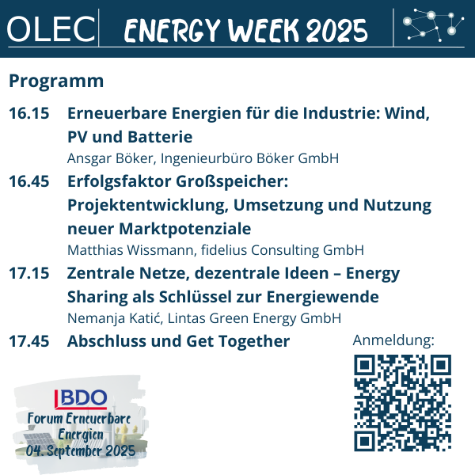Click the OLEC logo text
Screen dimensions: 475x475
coord(51,29)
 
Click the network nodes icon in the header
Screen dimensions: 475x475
coord(433,25)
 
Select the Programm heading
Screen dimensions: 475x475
coord(56,82)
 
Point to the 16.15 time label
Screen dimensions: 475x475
coord(29,113)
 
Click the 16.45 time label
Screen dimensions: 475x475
coord(29,181)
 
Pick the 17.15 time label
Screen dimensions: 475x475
coord(29,273)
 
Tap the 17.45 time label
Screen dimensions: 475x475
coord(29,341)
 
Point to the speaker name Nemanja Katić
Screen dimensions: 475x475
coord(115,318)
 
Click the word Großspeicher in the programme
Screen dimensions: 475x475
coord(232,181)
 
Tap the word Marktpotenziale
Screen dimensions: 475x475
coord(185,229)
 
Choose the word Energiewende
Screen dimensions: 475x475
coord(323,297)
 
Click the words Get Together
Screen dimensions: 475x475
coord(238,341)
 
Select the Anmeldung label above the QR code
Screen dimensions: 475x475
coord(393,340)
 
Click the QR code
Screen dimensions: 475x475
coord(403,403)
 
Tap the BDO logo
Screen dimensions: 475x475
coord(81,398)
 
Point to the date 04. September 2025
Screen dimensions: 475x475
coord(81,450)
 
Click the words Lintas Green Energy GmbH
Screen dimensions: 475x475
coord(254,318)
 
